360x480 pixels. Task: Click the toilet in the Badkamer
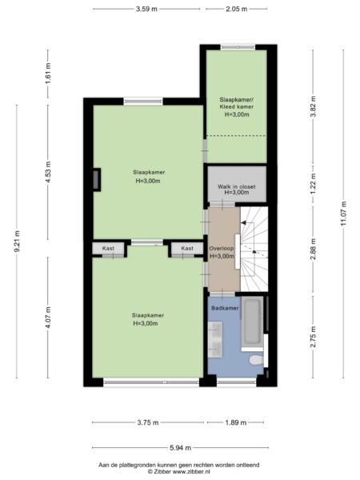[256, 360]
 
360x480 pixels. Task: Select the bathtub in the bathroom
[252, 323]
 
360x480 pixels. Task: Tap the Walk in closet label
[236, 186]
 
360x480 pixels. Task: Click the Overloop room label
[222, 249]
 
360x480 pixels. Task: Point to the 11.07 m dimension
[343, 214]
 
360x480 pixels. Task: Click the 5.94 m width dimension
[180, 448]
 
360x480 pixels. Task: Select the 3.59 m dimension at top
[146, 9]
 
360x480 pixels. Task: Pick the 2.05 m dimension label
[236, 9]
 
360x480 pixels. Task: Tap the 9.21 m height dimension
[17, 241]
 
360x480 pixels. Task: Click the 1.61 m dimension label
[48, 74]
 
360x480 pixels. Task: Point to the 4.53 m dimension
[48, 172]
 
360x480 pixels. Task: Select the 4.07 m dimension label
[48, 318]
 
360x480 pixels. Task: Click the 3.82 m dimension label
[313, 106]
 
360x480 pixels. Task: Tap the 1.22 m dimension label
[313, 184]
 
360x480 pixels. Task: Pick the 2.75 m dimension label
[313, 337]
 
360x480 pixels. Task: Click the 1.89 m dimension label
[236, 422]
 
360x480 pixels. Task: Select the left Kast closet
[108, 248]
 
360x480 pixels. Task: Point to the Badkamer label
[225, 308]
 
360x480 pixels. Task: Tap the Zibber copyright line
[178, 472]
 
